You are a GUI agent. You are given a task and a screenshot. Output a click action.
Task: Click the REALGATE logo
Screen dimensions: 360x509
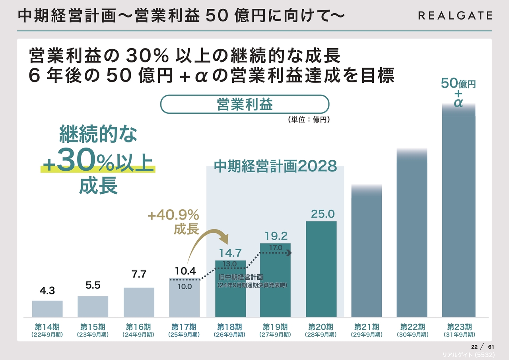(455, 16)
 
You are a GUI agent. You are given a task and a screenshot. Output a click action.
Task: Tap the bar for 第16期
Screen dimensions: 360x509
(139, 302)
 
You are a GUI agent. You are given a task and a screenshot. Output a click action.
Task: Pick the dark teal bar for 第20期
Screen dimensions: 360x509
(321, 269)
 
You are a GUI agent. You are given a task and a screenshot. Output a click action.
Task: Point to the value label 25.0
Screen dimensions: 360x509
(322, 214)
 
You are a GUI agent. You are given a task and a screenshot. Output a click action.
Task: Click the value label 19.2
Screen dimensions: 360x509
(276, 236)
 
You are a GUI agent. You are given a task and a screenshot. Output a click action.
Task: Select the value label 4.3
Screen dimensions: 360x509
(47, 291)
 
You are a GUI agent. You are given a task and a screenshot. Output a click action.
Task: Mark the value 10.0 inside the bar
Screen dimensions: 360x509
(185, 286)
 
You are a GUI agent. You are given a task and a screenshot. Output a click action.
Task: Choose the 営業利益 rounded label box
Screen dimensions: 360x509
(245, 104)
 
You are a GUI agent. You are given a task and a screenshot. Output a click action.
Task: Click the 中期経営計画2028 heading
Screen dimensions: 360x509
(275, 166)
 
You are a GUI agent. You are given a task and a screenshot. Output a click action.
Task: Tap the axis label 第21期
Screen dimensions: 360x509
(367, 327)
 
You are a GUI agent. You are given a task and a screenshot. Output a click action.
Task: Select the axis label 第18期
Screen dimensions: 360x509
(229, 327)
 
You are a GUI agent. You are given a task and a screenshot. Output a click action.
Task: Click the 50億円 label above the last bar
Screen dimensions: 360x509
(458, 84)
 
